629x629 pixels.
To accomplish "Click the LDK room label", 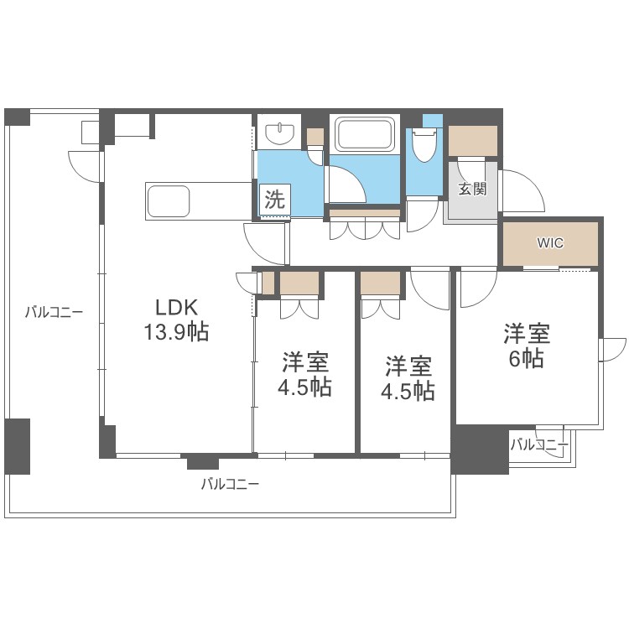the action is [x=176, y=308].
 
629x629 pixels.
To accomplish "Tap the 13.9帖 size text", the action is [x=176, y=332].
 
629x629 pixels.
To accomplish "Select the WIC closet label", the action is [x=550, y=242].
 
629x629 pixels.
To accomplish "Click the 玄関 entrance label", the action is [x=472, y=189].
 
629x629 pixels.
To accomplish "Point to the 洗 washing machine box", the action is [x=275, y=199].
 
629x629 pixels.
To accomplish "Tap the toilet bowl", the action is [x=424, y=145].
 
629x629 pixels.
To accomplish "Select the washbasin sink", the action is [x=280, y=133].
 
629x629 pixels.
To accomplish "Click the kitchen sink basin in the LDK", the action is [x=169, y=201].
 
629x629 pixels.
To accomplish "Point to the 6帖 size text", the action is [x=527, y=358].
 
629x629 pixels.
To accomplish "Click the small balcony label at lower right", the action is [x=540, y=444].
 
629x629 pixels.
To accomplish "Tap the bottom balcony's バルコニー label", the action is [x=230, y=484].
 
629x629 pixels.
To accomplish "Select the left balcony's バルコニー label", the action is [x=55, y=312].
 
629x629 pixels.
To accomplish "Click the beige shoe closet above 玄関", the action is [x=472, y=141].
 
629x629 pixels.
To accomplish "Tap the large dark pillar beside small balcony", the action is [x=481, y=450].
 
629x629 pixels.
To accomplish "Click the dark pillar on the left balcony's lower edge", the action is [x=18, y=446].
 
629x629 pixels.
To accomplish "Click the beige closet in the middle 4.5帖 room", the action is [x=380, y=283].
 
